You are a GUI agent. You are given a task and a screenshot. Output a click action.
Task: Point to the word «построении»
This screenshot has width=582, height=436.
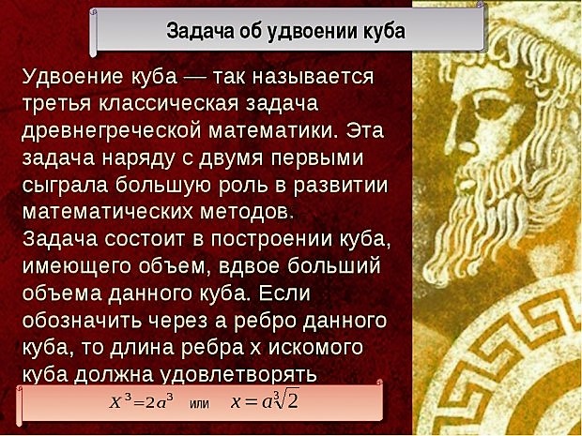pos(272,240)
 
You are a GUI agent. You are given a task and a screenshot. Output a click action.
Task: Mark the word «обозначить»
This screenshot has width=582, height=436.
pos(82,321)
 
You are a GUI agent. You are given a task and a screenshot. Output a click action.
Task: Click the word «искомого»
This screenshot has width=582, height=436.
pos(315,349)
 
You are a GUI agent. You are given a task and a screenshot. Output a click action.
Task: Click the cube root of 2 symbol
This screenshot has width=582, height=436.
pos(286,400)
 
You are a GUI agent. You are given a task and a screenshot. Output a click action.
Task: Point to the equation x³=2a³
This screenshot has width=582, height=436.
pos(142,401)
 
